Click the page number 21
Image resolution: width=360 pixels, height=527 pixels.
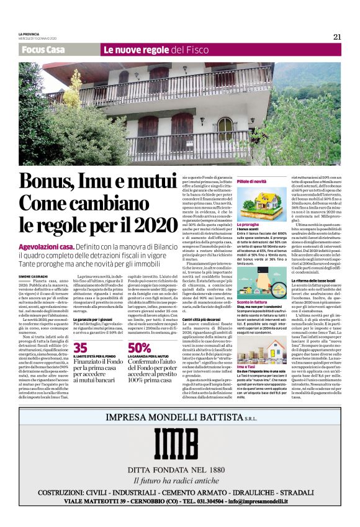337,37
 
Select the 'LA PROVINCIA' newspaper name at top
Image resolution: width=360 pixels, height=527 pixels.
30,34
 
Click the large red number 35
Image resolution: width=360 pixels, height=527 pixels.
80,348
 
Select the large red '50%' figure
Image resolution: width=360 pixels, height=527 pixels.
139,348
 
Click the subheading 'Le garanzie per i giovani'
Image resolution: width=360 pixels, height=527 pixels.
94,318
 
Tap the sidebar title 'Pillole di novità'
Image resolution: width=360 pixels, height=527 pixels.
251,181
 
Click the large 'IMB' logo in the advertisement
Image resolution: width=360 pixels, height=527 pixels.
180,442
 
